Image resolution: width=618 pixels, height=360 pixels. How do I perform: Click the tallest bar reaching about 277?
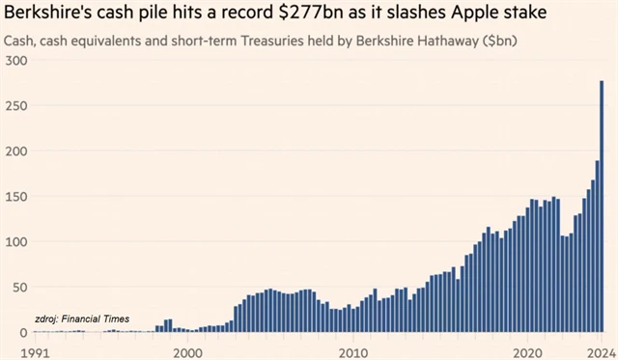click(603, 207)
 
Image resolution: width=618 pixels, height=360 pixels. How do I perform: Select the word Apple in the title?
click(499, 14)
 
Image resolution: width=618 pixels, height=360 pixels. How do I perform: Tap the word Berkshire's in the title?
click(50, 14)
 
